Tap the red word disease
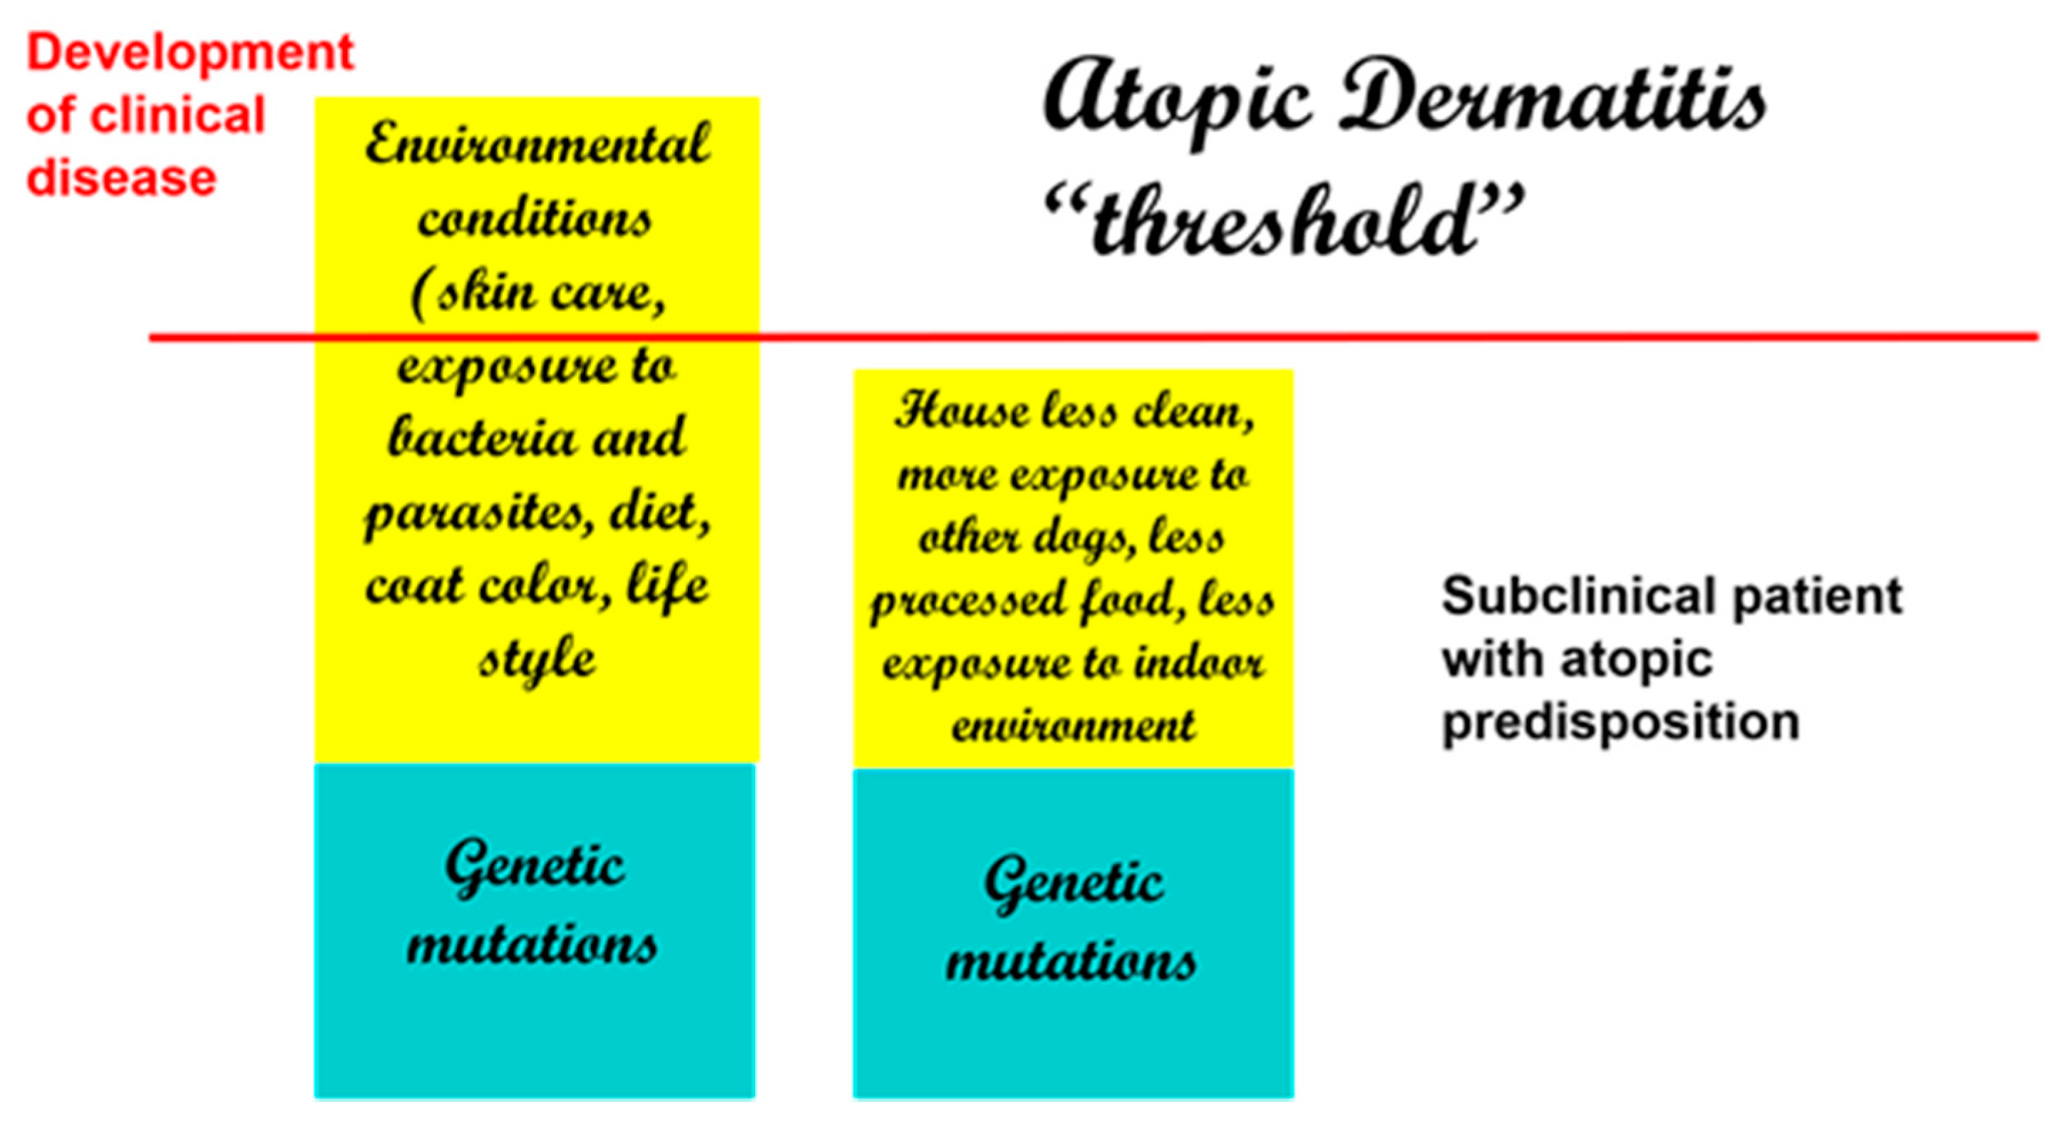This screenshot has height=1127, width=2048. click(x=122, y=177)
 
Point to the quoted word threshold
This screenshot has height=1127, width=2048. click(x=1283, y=219)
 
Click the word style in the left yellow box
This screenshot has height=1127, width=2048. click(x=537, y=659)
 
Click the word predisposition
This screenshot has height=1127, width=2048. click(x=1621, y=724)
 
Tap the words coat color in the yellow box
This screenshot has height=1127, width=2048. click(x=489, y=587)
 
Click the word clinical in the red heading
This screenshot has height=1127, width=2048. click(x=177, y=115)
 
